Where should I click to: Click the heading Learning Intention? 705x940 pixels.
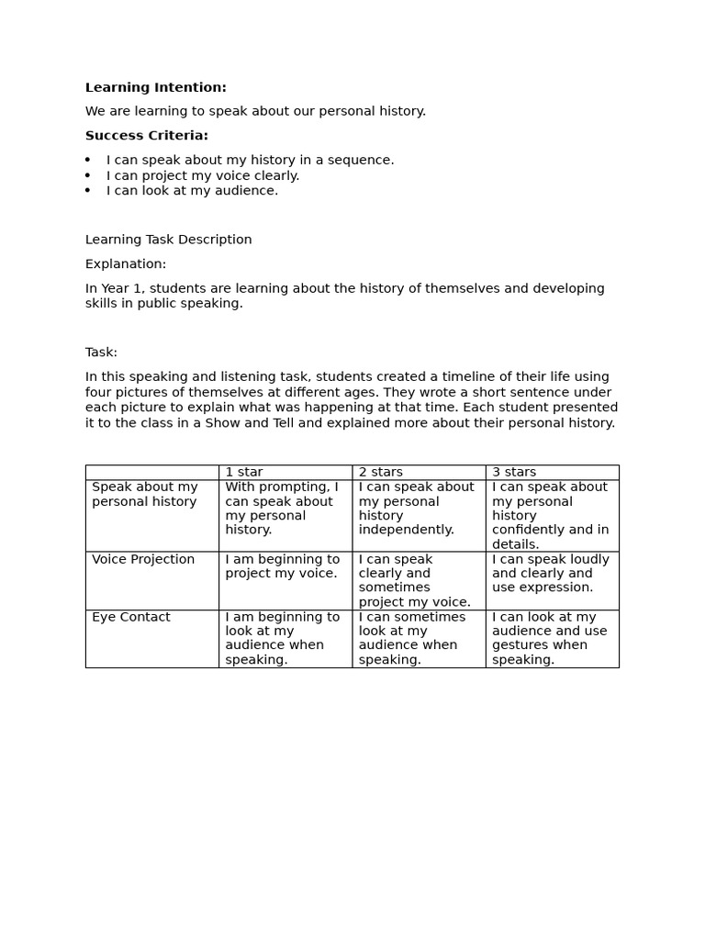point(155,87)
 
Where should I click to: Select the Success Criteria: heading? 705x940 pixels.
point(147,136)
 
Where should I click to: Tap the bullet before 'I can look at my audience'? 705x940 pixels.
point(88,191)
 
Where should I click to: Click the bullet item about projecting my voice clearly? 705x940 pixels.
point(203,175)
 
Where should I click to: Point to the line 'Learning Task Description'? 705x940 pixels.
point(168,240)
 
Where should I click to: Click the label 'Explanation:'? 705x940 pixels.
point(126,264)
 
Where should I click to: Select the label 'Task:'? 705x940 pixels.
point(101,352)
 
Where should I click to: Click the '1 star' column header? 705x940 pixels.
point(244,472)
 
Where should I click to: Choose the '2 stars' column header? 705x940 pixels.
point(380,472)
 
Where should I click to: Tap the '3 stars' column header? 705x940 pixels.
point(514,472)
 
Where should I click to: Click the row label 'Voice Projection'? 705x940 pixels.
point(143,559)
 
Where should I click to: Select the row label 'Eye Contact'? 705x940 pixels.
point(131,617)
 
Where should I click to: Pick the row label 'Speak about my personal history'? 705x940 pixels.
point(145,494)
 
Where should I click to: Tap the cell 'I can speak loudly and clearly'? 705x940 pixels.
point(550,573)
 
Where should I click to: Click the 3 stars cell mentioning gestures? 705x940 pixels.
point(550,638)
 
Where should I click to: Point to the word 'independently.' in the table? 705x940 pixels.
point(406,530)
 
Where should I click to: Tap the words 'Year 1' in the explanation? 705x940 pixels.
point(120,288)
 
